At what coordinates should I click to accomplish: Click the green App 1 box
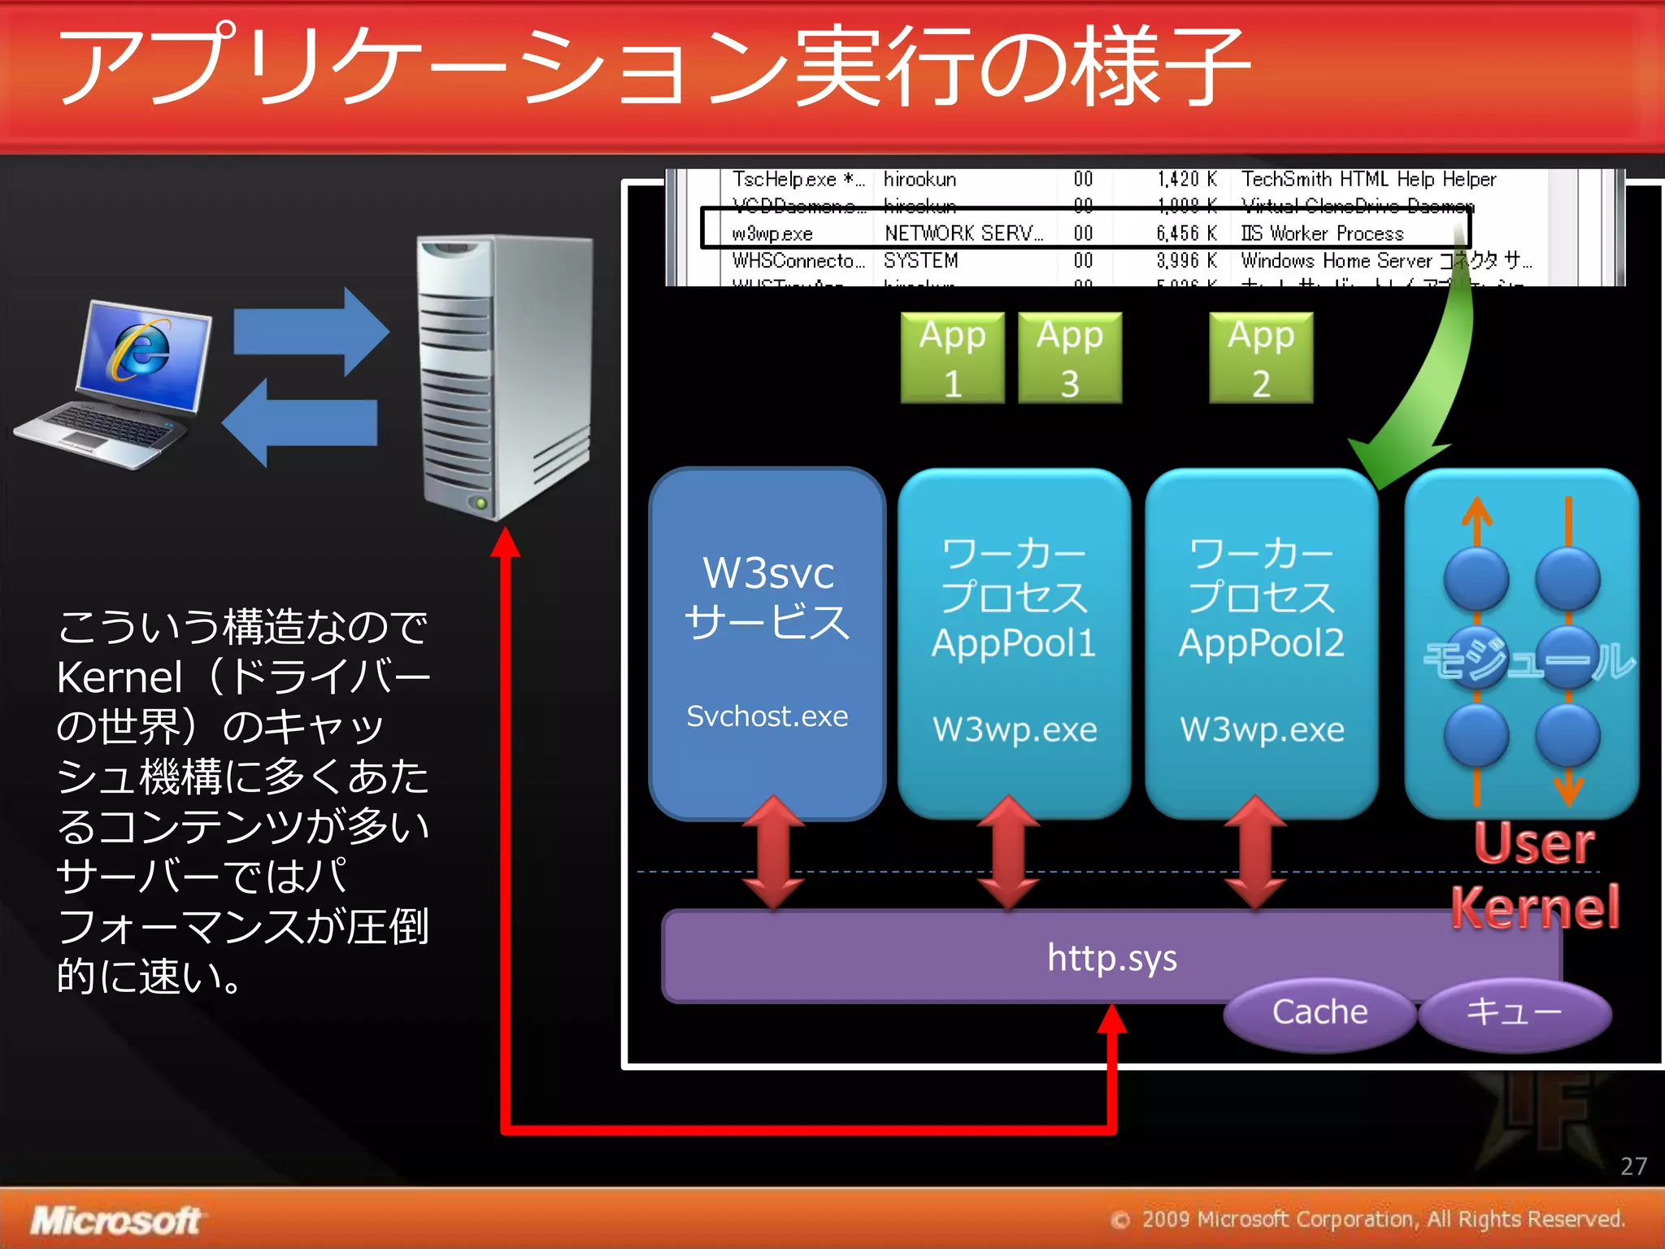tap(952, 358)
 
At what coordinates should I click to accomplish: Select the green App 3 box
tap(1069, 358)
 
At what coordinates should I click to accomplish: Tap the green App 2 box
tap(1260, 358)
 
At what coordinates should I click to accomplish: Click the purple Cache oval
tap(1319, 1012)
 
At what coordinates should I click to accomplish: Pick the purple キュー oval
tap(1514, 1012)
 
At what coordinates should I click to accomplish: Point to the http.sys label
tap(1111, 957)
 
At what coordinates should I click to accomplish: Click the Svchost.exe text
tap(767, 716)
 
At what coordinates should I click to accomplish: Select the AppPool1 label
tap(1014, 643)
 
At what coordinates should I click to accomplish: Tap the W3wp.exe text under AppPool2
tap(1262, 729)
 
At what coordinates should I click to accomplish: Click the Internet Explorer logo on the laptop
tap(141, 350)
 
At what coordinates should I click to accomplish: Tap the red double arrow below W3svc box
tap(773, 851)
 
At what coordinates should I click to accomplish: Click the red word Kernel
tap(1535, 907)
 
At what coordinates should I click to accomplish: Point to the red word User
tap(1533, 843)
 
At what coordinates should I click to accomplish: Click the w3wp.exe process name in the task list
tap(772, 234)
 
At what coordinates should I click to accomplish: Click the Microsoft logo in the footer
tap(115, 1221)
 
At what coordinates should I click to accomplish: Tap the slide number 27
tap(1632, 1166)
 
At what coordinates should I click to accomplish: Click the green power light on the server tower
tap(481, 503)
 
